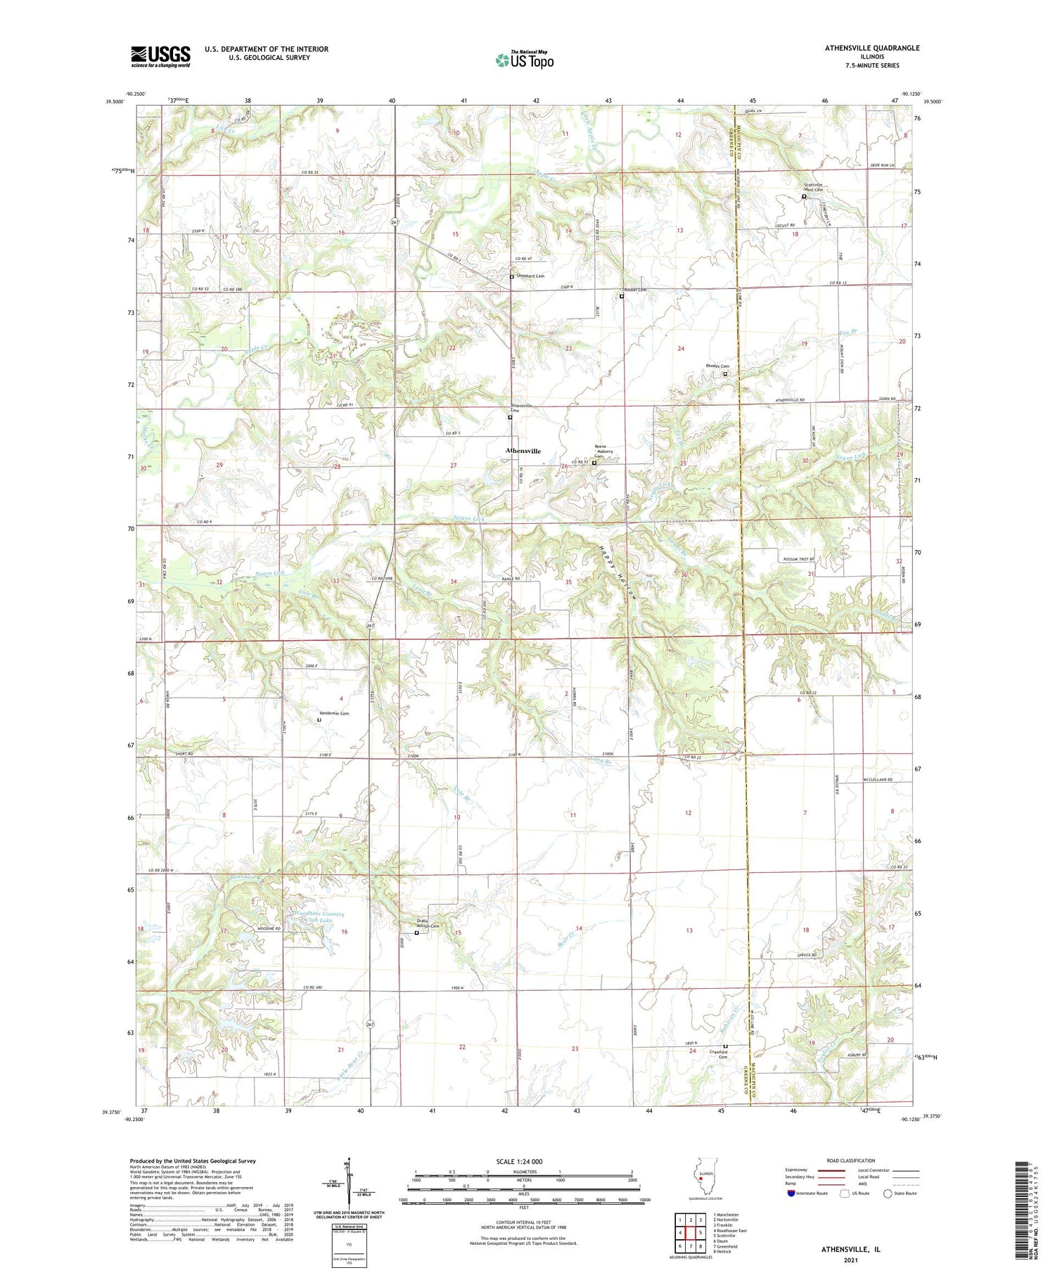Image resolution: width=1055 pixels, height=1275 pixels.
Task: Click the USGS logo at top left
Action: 160,56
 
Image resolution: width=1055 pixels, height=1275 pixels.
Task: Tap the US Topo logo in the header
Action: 524,60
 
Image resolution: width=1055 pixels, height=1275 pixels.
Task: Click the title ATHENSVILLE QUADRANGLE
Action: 862,48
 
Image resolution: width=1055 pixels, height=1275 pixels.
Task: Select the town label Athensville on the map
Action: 523,451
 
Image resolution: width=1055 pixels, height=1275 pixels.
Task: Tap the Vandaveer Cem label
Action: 333,713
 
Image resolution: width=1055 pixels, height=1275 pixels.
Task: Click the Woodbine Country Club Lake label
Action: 319,917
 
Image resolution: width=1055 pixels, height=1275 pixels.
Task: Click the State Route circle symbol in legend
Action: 888,1193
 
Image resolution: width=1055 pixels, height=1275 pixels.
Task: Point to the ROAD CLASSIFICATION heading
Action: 851,1160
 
